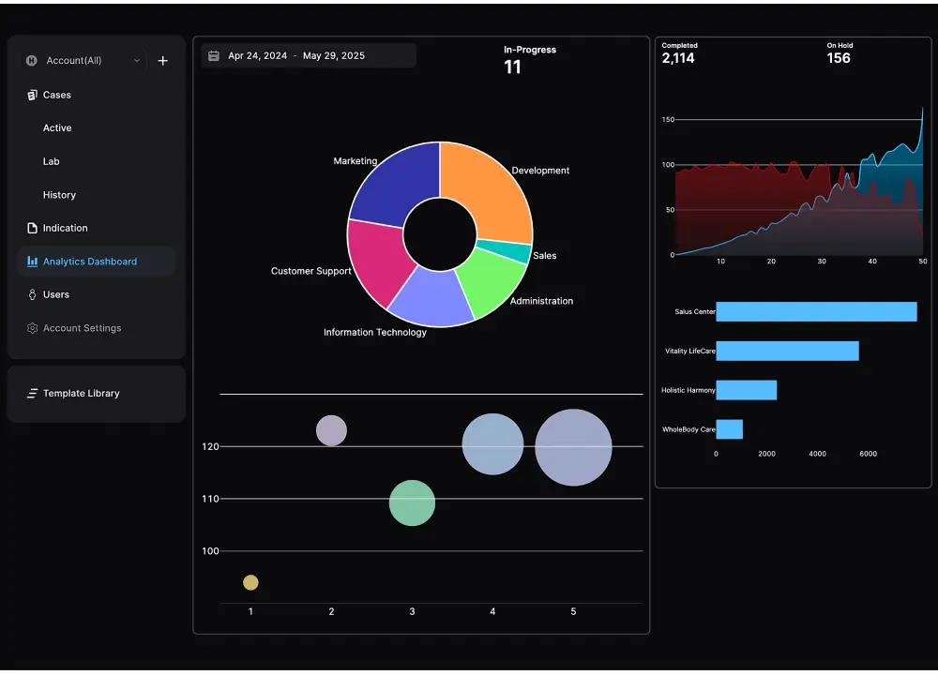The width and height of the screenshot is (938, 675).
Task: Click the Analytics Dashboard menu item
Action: [90, 262]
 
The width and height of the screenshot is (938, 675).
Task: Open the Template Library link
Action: [81, 394]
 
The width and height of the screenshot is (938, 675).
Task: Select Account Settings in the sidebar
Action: [82, 328]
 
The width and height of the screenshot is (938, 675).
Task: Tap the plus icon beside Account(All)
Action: [162, 61]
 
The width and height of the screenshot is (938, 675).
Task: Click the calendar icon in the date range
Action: [214, 56]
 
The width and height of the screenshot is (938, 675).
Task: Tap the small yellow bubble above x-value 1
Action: [250, 583]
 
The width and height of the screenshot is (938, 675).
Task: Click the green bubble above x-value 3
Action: [412, 503]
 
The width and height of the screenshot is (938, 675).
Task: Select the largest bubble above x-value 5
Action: [573, 447]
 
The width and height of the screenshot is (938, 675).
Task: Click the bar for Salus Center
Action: [816, 312]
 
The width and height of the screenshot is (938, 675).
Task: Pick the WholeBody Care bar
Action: [729, 429]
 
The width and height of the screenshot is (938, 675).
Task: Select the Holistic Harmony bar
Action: [746, 390]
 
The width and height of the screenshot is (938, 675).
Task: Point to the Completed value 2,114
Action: [678, 58]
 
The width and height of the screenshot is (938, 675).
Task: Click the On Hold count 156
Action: [839, 58]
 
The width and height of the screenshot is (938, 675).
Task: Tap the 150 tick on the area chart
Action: [668, 120]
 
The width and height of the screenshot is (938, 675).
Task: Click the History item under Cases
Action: [59, 195]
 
